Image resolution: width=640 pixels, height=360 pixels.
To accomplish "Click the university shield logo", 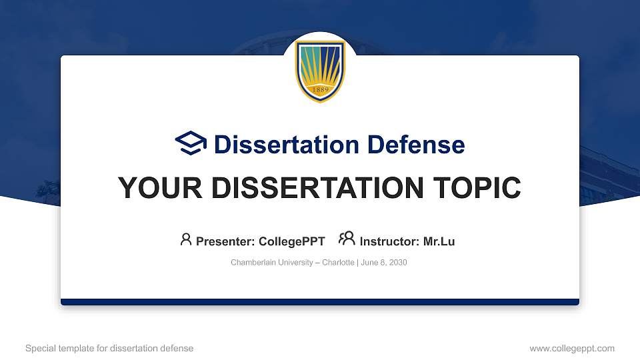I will (x=320, y=71).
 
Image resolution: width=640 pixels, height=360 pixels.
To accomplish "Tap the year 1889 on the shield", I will (x=320, y=91).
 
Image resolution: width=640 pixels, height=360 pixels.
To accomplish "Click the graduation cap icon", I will (x=191, y=143).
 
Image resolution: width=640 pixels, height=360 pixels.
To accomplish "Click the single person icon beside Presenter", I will (x=186, y=239).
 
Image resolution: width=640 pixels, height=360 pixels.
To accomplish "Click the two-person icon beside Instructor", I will (x=347, y=239).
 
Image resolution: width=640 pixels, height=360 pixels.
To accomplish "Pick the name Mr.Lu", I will (x=439, y=241).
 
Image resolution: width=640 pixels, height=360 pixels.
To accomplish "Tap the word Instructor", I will (x=389, y=241).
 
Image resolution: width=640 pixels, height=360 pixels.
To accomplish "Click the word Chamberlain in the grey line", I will (x=251, y=263).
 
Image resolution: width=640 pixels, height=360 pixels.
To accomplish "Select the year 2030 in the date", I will (x=397, y=263).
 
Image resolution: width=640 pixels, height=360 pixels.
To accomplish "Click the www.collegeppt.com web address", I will (x=572, y=348).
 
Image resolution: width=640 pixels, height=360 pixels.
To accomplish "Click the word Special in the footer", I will (x=39, y=348).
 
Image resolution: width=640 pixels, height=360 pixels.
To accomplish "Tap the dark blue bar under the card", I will (x=320, y=302).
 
